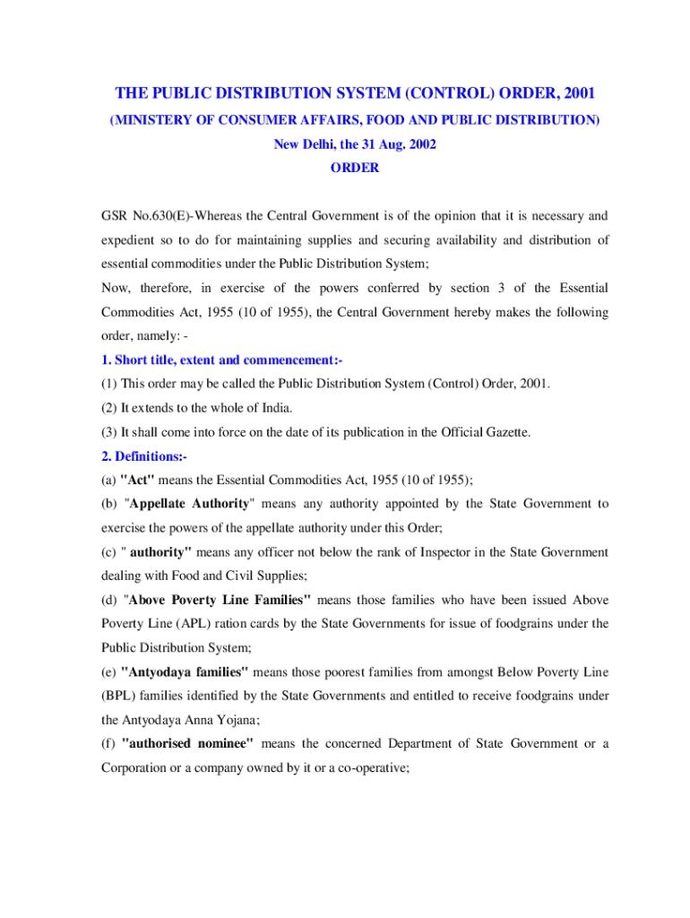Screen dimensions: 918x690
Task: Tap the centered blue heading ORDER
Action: coord(354,168)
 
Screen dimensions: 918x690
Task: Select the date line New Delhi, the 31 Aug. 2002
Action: coord(354,143)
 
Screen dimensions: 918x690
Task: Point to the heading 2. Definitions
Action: coord(143,456)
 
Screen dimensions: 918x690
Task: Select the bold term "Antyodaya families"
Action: coord(185,672)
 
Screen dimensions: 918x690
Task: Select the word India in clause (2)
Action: coord(274,408)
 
